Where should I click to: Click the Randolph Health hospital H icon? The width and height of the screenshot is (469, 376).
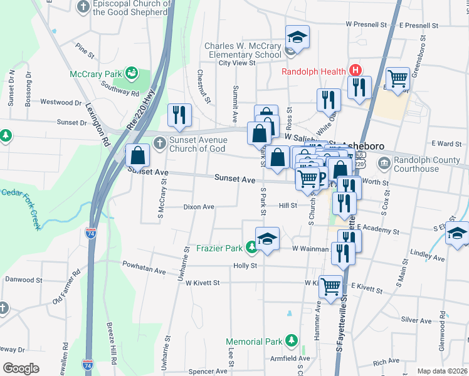tap(356, 71)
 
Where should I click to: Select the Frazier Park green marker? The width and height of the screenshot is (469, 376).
tap(251, 248)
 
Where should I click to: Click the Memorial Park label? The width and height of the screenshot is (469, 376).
tap(255, 342)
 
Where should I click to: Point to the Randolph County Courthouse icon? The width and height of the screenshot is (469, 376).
tap(383, 164)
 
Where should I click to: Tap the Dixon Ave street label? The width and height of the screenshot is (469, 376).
tap(199, 207)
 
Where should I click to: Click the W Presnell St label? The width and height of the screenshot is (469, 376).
tap(366, 26)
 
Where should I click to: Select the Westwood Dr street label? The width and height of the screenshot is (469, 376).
tap(61, 102)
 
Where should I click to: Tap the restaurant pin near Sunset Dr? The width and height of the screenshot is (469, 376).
tap(179, 115)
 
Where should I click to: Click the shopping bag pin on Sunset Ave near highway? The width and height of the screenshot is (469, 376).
tap(137, 155)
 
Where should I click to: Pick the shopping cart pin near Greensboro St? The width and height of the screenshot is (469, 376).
tap(398, 80)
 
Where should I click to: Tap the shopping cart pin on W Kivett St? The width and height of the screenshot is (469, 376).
tap(330, 286)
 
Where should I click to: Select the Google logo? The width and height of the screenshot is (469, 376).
tap(21, 368)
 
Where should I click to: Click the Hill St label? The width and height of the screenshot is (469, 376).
tap(288, 205)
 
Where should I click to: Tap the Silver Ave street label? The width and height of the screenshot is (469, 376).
tap(416, 320)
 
